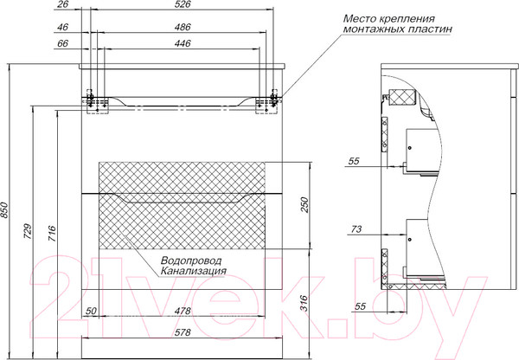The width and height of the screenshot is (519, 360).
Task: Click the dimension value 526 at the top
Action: click(x=182, y=5)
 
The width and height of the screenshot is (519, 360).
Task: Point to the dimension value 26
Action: click(x=62, y=5)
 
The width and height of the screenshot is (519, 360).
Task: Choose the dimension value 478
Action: click(x=182, y=312)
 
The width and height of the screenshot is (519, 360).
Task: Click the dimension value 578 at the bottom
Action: click(x=182, y=331)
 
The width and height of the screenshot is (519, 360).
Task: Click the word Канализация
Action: click(x=193, y=270)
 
